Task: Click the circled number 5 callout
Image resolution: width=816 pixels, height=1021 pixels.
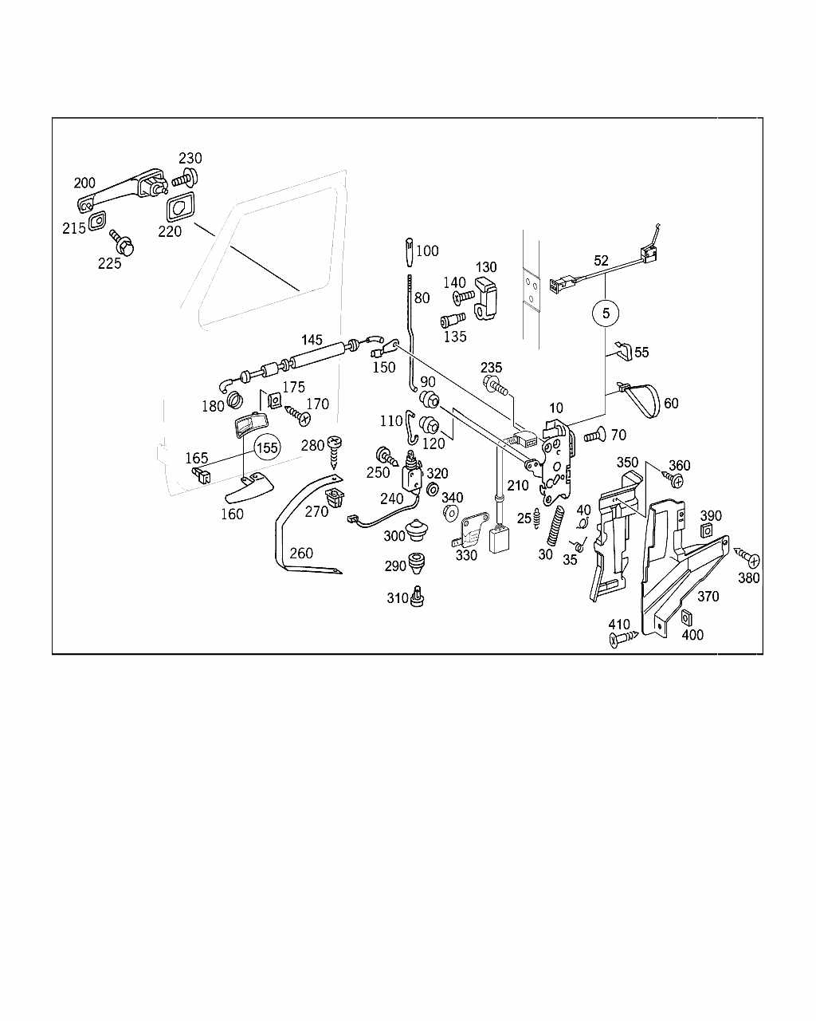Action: [x=605, y=313]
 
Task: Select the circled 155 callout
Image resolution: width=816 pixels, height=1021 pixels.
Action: [x=266, y=447]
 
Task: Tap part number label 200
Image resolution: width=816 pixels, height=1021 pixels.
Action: [x=84, y=183]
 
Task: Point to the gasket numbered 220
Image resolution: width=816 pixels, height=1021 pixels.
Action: [x=180, y=207]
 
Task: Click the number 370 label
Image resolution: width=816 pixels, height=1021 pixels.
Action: [x=708, y=596]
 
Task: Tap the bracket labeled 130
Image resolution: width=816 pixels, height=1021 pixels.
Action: [x=486, y=299]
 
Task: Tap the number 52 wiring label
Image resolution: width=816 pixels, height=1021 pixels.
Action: [x=601, y=261]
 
